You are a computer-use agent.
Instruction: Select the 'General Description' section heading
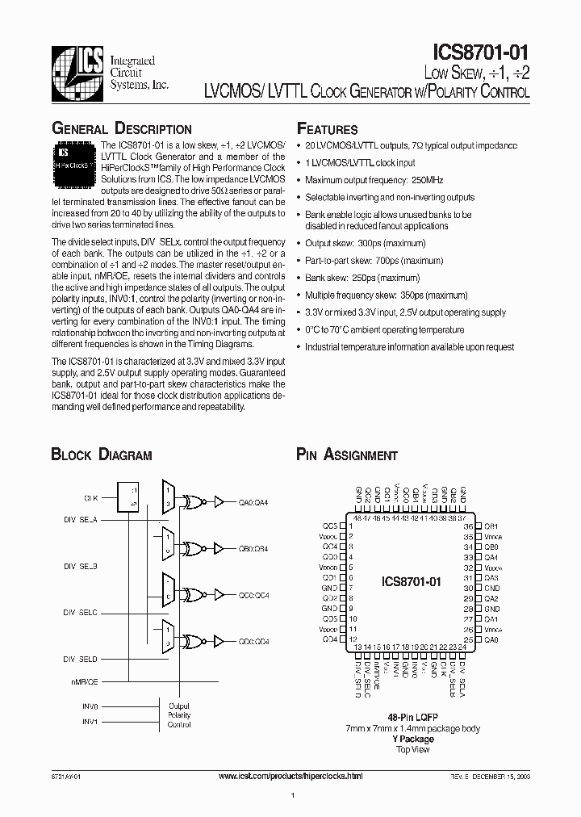(122, 128)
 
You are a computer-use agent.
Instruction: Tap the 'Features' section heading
(328, 129)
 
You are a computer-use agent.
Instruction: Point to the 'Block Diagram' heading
(102, 455)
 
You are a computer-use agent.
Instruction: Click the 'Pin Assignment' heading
(347, 455)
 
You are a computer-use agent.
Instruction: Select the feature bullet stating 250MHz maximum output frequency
(374, 180)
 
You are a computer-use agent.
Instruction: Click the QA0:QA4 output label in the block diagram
(253, 501)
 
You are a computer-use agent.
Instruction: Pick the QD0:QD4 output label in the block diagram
(253, 641)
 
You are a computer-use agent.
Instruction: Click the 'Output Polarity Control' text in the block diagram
(179, 714)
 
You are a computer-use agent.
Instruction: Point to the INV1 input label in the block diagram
(90, 722)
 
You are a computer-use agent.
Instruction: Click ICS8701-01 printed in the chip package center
(411, 580)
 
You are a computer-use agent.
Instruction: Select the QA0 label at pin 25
(491, 639)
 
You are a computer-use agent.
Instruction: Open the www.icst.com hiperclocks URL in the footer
(290, 776)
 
